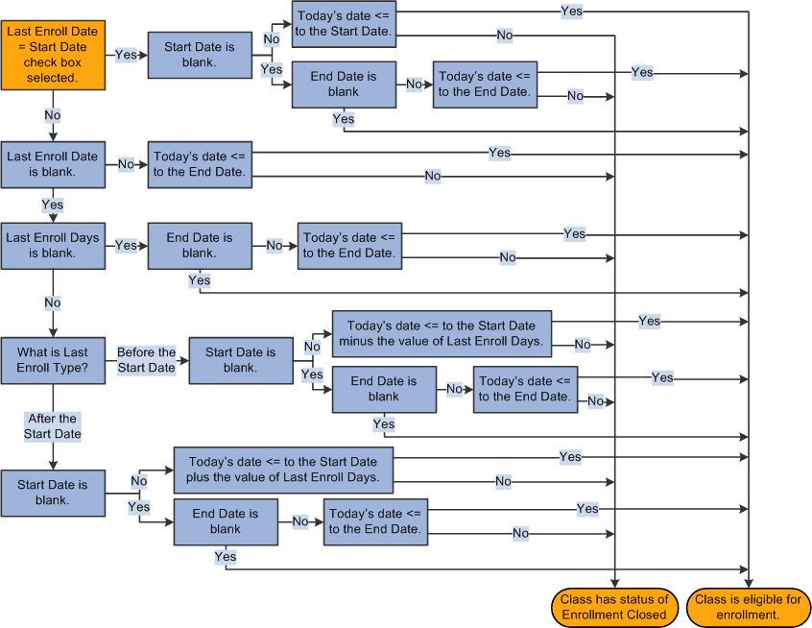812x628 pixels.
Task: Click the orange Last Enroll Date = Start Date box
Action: point(53,55)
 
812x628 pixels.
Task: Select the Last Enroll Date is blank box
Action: point(53,164)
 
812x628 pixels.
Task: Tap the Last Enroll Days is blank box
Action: point(53,246)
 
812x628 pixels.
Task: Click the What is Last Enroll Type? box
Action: point(53,360)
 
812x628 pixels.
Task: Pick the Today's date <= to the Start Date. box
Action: point(344,25)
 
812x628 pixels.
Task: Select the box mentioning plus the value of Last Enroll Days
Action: point(283,470)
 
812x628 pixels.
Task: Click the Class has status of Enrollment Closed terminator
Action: point(614,607)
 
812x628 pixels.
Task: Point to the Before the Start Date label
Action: point(147,360)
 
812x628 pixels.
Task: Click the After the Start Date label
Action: point(53,426)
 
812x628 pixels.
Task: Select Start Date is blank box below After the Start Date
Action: point(53,493)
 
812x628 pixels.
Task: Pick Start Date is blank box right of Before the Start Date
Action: point(241,360)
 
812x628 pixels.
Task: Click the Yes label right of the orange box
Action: point(126,55)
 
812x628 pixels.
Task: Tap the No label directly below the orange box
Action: point(53,115)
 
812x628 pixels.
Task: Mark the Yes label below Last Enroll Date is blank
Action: point(53,205)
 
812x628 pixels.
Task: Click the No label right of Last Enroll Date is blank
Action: point(126,164)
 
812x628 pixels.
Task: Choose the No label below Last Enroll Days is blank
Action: point(53,303)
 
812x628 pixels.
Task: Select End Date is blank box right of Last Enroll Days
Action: point(200,246)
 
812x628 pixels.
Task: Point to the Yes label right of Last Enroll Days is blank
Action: point(126,246)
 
